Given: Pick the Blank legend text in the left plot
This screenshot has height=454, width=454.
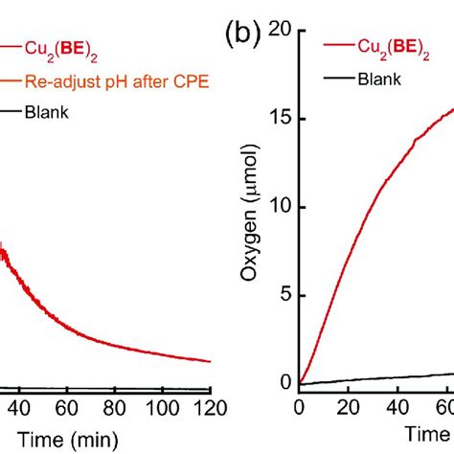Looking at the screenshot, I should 47,114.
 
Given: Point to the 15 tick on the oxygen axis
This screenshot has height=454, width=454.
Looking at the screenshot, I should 281,119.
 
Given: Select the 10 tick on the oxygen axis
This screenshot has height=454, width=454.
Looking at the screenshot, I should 281,207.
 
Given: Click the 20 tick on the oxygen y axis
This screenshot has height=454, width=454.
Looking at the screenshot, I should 281,31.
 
